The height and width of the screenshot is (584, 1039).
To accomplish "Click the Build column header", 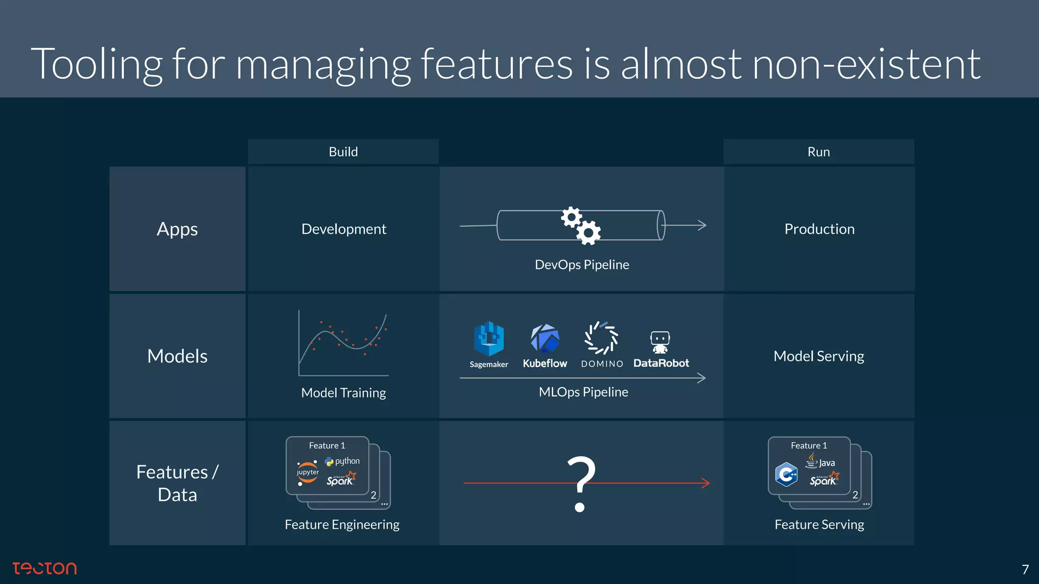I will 343,152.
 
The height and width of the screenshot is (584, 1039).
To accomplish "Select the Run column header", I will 818,152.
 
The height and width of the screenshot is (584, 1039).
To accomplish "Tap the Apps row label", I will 177,229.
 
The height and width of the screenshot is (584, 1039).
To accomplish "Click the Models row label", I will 177,356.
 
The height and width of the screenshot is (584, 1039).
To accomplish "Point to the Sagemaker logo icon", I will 489,339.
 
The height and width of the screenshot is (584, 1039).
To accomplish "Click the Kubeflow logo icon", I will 545,339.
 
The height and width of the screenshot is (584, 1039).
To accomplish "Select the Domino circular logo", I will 602,338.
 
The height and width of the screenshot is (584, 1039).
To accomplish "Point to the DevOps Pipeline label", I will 582,265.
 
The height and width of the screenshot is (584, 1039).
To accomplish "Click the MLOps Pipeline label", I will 583,392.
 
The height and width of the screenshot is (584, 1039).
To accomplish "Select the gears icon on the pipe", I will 581,226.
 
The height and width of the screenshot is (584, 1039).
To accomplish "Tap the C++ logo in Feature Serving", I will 786,474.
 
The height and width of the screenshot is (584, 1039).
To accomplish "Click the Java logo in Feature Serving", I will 820,461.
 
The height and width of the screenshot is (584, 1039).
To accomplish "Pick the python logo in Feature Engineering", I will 342,461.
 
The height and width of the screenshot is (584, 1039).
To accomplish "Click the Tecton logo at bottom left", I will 45,568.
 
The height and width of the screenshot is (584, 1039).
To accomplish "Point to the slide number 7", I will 1025,569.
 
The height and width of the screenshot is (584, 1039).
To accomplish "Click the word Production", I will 819,229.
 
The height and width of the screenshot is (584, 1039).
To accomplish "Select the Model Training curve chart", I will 343,343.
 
